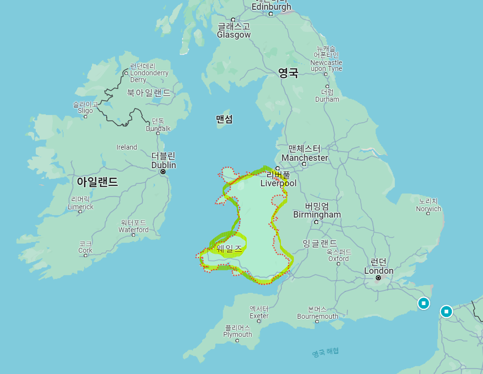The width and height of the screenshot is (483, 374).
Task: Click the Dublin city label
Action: click(x=163, y=165)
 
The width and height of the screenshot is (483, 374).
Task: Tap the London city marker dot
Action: click(x=378, y=278)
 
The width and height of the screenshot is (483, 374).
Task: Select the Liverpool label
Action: click(x=278, y=183)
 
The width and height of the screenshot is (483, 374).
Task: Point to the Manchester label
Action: click(x=304, y=158)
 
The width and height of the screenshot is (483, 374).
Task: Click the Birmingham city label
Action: click(x=317, y=215)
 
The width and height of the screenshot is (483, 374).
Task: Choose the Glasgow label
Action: click(x=233, y=35)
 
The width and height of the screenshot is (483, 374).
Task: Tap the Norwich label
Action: click(x=428, y=209)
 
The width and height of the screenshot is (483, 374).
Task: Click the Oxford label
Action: click(x=338, y=259)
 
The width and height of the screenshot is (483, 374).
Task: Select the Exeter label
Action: click(x=259, y=315)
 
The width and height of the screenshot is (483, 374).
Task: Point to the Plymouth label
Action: click(x=237, y=334)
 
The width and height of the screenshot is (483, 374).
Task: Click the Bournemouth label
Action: click(x=317, y=316)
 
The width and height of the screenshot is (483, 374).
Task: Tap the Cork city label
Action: click(x=85, y=250)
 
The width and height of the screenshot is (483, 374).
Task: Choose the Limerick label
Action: click(x=80, y=207)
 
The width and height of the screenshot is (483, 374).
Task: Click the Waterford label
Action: click(x=133, y=229)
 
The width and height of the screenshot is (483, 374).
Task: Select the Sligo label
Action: click(x=85, y=110)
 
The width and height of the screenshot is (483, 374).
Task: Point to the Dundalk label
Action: click(x=158, y=129)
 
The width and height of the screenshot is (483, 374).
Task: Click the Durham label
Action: click(x=327, y=99)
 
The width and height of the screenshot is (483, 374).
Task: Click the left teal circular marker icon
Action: click(x=423, y=304)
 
